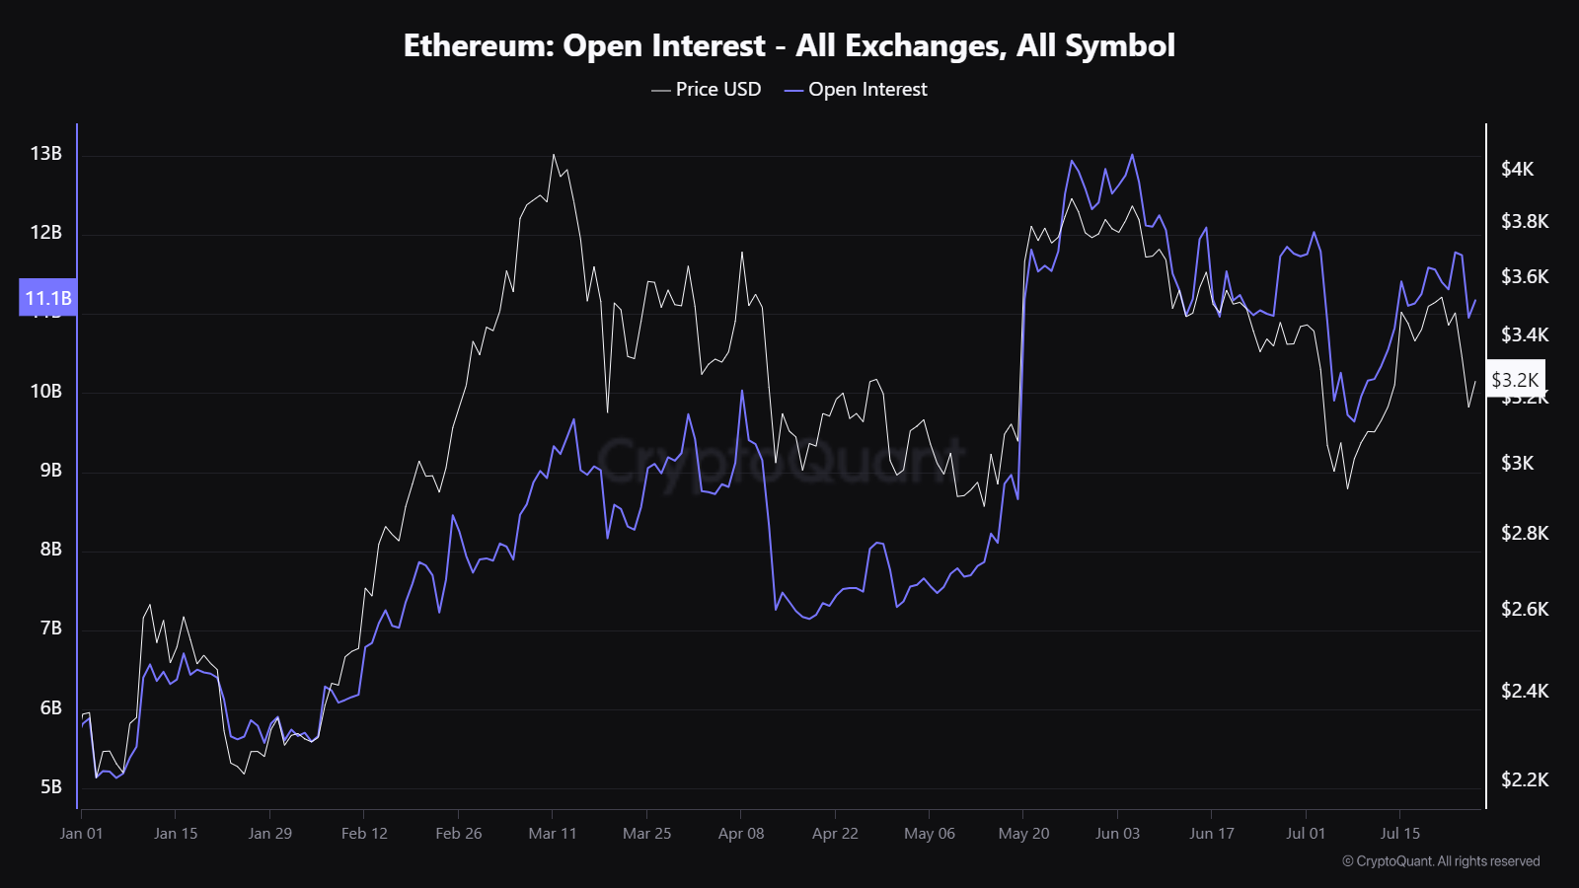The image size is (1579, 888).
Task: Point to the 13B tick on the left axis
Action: (x=45, y=153)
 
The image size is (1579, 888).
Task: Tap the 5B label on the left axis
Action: (x=50, y=786)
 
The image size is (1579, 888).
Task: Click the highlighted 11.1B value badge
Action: (x=47, y=298)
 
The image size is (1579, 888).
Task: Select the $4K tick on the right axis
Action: (x=1517, y=169)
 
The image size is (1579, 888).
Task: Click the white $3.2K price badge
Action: (x=1514, y=380)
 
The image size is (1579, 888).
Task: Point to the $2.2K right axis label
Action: (x=1524, y=779)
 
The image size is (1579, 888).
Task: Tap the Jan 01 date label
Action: (x=81, y=833)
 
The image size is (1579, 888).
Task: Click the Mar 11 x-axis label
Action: (x=552, y=833)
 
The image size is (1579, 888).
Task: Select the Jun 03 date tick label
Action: (x=1117, y=833)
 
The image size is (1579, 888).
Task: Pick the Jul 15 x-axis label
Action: (x=1399, y=833)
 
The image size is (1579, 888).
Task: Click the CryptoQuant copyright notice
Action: (x=1441, y=861)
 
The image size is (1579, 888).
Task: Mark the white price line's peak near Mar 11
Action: (x=554, y=155)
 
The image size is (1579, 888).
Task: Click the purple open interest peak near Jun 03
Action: (x=1132, y=155)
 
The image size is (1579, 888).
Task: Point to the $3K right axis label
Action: (x=1517, y=463)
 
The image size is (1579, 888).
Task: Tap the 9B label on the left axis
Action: (x=50, y=470)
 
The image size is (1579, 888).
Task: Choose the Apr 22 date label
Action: (x=835, y=833)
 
